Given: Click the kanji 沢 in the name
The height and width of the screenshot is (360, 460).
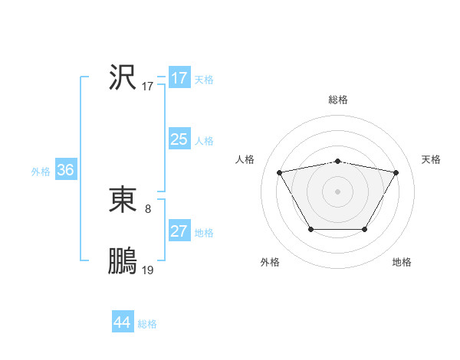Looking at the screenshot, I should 123,77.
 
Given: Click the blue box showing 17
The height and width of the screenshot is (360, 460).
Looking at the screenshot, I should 179,78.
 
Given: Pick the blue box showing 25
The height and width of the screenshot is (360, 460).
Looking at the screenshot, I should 179,139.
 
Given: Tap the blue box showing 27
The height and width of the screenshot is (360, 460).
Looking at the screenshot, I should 179,231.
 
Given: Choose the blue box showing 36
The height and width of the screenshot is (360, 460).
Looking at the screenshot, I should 65,170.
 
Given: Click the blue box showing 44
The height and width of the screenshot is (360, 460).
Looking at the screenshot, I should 122,322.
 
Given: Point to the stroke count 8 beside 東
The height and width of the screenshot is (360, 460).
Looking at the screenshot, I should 148,208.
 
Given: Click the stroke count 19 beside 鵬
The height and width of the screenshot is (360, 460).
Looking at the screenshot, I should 148,270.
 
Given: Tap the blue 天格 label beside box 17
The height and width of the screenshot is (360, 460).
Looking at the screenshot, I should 204,80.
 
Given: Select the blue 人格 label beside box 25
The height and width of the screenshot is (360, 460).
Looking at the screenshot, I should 204,141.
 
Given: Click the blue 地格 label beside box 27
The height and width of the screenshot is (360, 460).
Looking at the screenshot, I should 204,233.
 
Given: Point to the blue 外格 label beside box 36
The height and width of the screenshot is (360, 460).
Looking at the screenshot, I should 41,172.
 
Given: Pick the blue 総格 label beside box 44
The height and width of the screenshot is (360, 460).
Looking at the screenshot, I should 147,324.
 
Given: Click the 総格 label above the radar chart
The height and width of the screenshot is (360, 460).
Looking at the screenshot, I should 338,100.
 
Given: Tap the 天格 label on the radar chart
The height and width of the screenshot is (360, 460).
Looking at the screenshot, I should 431,159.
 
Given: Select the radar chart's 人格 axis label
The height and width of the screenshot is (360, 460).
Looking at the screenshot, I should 245,159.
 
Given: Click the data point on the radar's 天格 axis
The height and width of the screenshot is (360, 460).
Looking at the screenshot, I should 396,172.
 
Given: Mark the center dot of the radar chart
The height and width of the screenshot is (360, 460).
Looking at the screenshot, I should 338,191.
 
